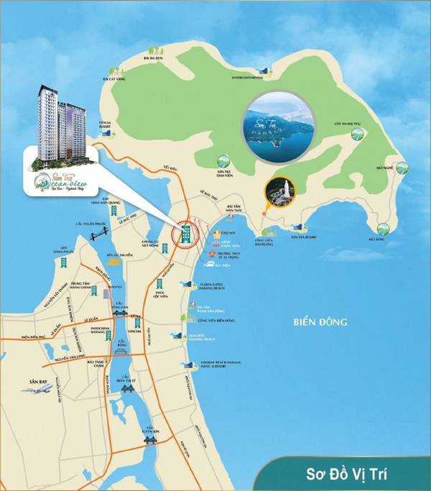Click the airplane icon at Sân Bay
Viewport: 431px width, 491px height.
coord(37,389)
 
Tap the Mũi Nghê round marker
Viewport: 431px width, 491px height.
coord(402,171)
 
